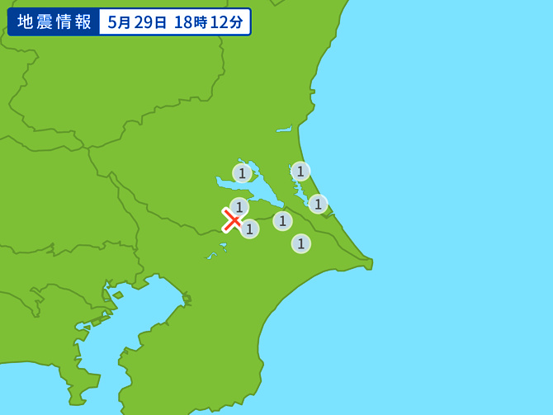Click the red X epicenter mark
click(x=232, y=220)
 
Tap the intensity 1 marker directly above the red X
click(x=239, y=207)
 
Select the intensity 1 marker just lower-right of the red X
click(x=249, y=229)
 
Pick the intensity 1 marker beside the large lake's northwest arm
click(x=242, y=173)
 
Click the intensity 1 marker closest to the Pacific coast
click(x=318, y=204)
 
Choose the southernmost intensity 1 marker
click(x=301, y=243)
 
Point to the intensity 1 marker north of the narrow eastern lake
click(x=300, y=172)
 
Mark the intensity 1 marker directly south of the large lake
click(x=282, y=221)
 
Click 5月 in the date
click(x=119, y=22)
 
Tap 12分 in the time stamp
click(x=227, y=22)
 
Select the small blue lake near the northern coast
click(x=284, y=130)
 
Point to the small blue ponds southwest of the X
click(x=213, y=255)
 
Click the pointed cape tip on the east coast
click(x=371, y=264)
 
